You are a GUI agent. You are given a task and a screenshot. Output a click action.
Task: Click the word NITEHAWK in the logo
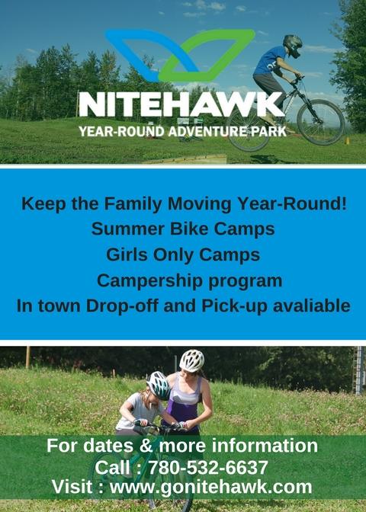coord(181,104)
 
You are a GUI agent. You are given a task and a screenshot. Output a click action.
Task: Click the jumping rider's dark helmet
coord(293,45)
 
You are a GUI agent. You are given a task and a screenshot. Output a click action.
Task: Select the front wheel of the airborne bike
coord(321,123)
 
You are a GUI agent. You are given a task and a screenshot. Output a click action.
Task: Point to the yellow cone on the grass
coord(347,141)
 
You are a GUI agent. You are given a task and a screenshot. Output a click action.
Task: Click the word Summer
coord(128,229)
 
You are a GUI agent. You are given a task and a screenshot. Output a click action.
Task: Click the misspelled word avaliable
coord(311,306)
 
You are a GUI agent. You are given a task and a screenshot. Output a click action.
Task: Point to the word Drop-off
coord(122,306)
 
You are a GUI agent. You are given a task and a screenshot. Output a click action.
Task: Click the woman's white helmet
coord(192,360)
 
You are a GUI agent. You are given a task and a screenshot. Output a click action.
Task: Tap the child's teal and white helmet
coord(158,386)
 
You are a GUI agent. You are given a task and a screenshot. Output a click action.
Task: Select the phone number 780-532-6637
coord(208,467)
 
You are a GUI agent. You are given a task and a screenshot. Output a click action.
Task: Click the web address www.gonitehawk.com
coord(210,487)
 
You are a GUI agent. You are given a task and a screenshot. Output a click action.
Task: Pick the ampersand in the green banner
coord(146,446)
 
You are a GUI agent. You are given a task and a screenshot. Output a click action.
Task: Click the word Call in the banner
coord(113,467)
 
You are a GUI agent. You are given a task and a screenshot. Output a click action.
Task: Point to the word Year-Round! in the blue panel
coord(292,203)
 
